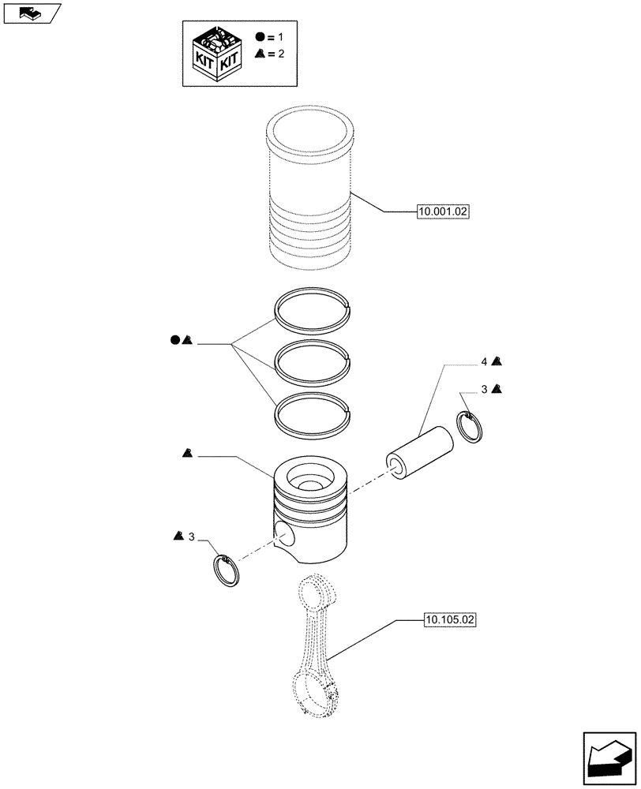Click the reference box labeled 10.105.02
[449, 620]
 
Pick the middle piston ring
[312, 359]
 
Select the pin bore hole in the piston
[283, 538]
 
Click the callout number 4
[484, 362]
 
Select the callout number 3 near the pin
[484, 390]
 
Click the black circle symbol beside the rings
[174, 341]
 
